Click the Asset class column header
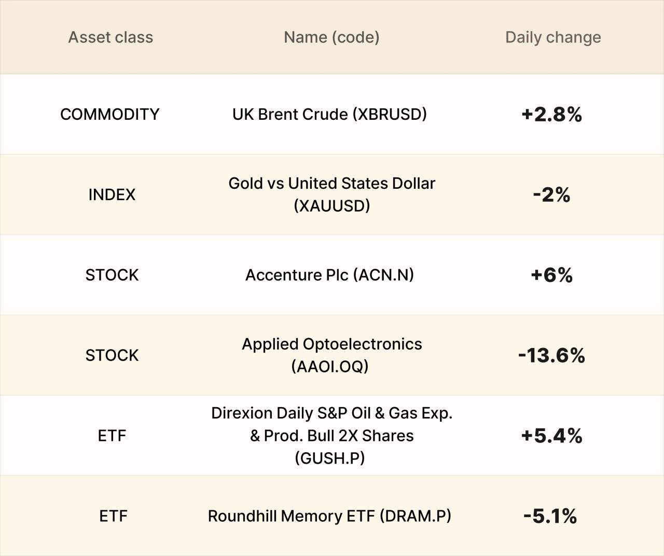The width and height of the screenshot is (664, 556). [110, 37]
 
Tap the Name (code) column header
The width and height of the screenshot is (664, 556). [331, 37]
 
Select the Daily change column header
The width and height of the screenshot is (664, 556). [553, 38]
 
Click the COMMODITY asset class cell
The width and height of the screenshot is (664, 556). [109, 115]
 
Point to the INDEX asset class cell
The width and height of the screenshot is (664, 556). [112, 194]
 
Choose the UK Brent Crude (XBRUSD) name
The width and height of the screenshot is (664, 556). [329, 115]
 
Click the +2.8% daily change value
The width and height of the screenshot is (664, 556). [552, 115]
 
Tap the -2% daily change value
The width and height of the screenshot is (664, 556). [552, 194]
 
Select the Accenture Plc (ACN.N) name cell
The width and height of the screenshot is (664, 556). [329, 275]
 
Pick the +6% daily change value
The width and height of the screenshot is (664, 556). [552, 275]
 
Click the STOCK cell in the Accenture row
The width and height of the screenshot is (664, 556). [112, 275]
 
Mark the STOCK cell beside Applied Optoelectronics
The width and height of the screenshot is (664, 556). [112, 355]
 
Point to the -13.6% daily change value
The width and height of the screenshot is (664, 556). [552, 355]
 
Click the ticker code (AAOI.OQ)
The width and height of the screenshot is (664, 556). [330, 367]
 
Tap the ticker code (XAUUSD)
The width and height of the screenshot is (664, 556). [331, 206]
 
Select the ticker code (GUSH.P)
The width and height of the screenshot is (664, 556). [330, 458]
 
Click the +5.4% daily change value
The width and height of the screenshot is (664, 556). [552, 436]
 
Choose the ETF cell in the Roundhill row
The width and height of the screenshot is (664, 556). [113, 516]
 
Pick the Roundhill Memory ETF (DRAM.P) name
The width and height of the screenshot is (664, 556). [329, 516]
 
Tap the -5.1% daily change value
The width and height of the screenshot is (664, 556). [550, 516]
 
